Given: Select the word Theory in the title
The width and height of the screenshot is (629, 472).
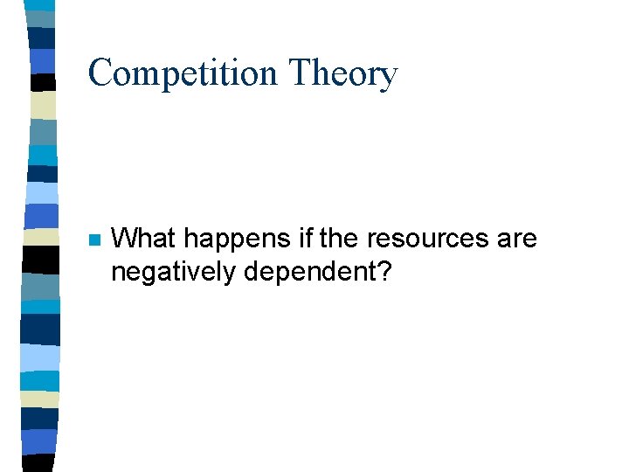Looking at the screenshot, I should [344, 73].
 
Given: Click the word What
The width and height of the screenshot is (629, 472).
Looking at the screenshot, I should [145, 238].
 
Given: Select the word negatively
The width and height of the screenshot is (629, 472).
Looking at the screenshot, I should [173, 273].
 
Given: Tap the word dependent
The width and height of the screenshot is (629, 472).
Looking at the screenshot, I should [308, 272].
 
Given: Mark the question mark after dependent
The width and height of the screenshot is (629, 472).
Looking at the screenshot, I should [384, 272].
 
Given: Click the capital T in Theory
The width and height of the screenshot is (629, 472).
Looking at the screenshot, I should [300, 73].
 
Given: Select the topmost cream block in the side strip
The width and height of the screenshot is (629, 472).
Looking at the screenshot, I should [42, 105].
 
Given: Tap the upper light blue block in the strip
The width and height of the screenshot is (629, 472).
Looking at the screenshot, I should [42, 192].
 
